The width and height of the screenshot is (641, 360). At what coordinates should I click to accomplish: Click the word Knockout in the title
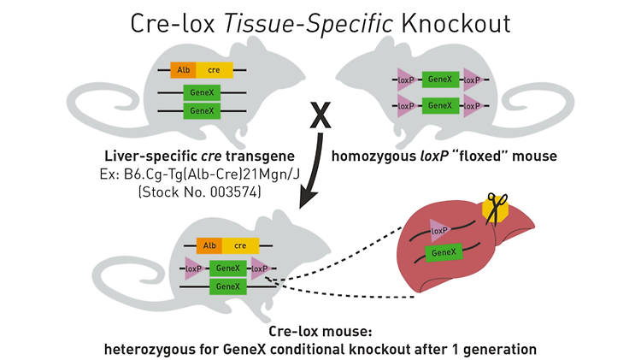point(456,23)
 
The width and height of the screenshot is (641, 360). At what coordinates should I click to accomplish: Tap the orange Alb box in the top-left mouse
point(183,70)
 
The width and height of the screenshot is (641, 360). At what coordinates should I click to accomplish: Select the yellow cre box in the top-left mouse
point(215,70)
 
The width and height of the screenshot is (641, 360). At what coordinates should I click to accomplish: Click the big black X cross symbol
point(320,115)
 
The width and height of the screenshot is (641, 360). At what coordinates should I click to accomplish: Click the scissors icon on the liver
point(496,209)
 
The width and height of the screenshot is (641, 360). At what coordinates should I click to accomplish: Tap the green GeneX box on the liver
point(444,252)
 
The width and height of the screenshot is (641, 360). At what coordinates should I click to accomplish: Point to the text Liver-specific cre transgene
point(199,156)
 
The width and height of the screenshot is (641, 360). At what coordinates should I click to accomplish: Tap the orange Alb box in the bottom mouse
point(209,245)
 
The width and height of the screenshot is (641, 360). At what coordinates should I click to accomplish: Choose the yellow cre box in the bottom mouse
point(240,245)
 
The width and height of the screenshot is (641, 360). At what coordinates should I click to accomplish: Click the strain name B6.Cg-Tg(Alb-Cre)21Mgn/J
point(212,174)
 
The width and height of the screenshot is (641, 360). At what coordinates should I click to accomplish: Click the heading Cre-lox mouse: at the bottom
point(320,331)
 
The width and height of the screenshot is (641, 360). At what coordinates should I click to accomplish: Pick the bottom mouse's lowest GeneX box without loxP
point(228,286)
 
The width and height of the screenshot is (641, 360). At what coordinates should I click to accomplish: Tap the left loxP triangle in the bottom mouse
point(195,269)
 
